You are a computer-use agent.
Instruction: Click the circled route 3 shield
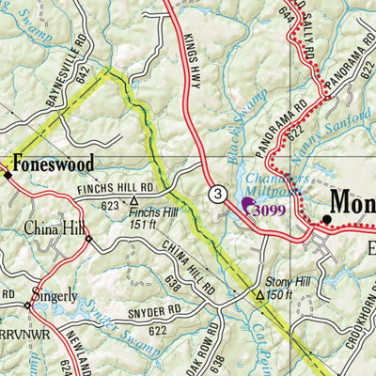point(218,195)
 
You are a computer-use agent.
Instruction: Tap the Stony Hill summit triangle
point(260,294)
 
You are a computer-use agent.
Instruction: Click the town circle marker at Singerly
point(28,305)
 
